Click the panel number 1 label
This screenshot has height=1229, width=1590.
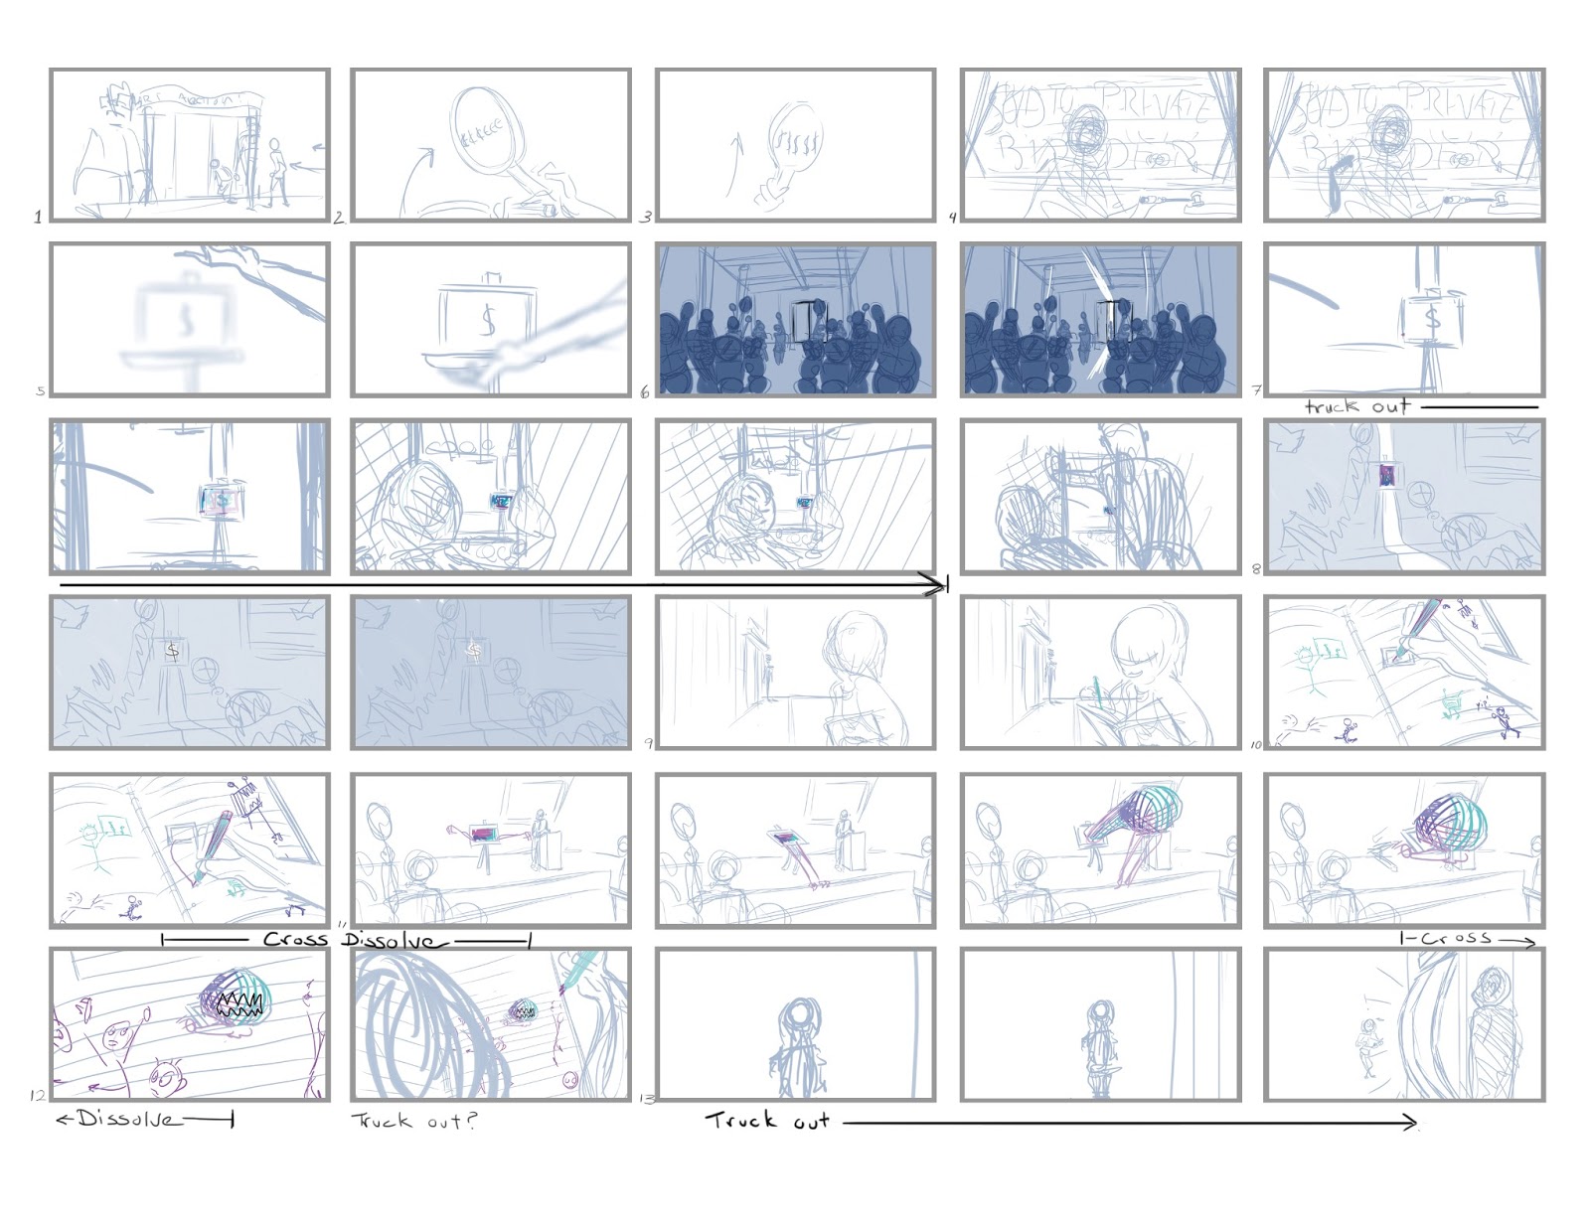(38, 217)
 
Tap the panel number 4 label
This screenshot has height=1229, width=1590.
(952, 217)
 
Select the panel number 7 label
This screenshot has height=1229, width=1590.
(1257, 390)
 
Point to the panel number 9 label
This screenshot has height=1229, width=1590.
(649, 743)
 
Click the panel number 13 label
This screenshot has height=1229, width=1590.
(647, 1099)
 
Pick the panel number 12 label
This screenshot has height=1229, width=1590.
(38, 1096)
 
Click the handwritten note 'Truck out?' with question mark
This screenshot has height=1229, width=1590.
(414, 1121)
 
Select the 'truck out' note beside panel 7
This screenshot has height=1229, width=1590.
(1356, 406)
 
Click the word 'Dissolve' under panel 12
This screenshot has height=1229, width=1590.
(130, 1120)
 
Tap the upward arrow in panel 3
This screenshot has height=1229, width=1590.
(734, 165)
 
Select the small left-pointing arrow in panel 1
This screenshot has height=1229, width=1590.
(318, 148)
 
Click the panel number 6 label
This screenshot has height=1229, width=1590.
(645, 392)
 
